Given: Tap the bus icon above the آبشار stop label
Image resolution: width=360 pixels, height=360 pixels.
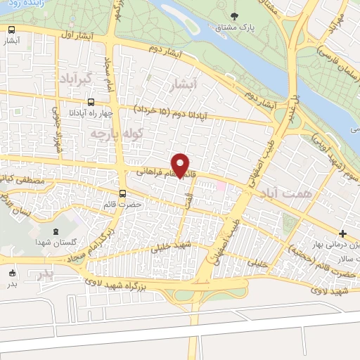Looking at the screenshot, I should click(x=11, y=30).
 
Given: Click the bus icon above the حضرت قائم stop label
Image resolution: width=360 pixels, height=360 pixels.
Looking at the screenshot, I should click(x=123, y=193).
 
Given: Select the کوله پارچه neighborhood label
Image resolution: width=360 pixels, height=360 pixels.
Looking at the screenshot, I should click(x=122, y=132).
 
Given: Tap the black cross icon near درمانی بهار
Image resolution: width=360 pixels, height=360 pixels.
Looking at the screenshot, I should click(x=342, y=233).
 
